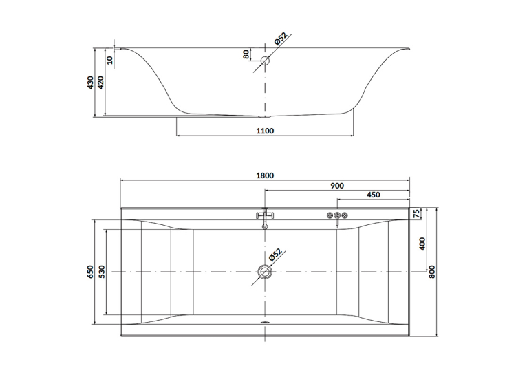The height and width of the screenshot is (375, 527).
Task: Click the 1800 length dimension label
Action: click(x=265, y=175)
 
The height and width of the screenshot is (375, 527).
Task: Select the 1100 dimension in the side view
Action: click(x=265, y=131)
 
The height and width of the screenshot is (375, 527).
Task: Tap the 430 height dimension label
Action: click(x=90, y=83)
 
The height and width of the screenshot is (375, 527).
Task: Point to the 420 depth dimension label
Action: click(x=100, y=83)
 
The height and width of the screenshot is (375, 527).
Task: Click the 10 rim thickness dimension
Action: click(x=109, y=60)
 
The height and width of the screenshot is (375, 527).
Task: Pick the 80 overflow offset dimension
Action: click(x=246, y=54)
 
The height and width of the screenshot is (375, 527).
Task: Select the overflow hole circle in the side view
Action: click(x=265, y=61)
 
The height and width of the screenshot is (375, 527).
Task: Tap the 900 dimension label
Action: click(x=337, y=186)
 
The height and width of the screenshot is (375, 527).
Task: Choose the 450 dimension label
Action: click(x=373, y=195)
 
